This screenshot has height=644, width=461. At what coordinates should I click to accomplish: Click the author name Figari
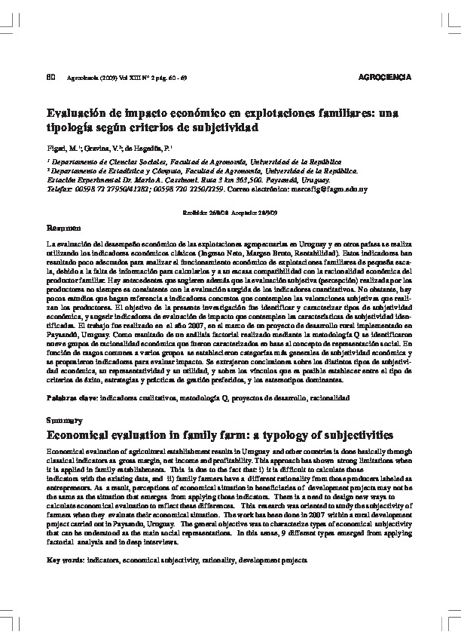[x=57, y=149]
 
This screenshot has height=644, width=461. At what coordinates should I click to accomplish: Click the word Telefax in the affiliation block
[x=60, y=189]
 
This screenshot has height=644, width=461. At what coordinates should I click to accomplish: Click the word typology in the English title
[x=255, y=435]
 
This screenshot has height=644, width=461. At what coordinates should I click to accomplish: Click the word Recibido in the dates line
[x=195, y=213]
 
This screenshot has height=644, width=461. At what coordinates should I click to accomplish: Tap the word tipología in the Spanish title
[x=74, y=127]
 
